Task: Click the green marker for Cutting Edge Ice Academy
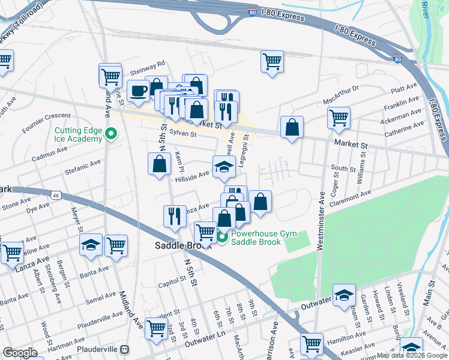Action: point(110,134)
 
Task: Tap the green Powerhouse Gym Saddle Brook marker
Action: point(222,238)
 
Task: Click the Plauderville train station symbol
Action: point(124,349)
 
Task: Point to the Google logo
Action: point(20,352)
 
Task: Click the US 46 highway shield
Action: point(55,195)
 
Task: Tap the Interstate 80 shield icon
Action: point(397,59)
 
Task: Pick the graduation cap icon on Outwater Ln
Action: point(344,295)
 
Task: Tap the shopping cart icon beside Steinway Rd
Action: point(110,76)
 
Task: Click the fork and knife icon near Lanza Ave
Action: point(175,215)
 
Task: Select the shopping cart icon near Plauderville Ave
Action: point(156,328)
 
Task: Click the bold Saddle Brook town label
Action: point(184,245)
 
